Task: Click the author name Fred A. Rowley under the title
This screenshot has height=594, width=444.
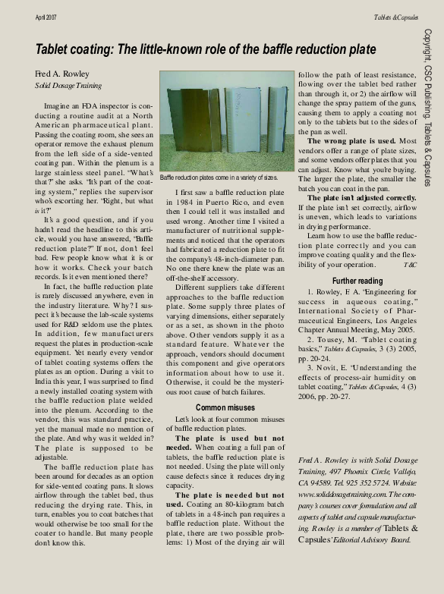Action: click(61, 74)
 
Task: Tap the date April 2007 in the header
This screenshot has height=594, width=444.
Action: click(49, 17)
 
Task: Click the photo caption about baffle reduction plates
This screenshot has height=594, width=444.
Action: click(218, 177)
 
